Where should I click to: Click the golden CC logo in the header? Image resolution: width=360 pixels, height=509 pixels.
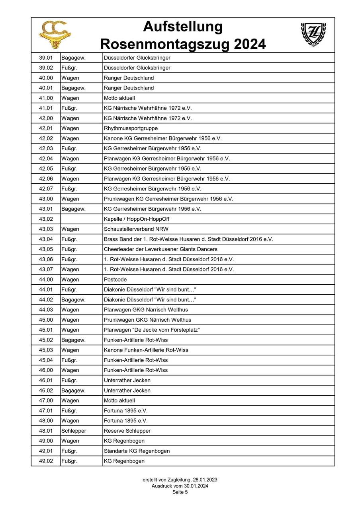pos(55,35)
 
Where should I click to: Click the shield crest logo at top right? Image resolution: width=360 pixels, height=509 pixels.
pos(313,34)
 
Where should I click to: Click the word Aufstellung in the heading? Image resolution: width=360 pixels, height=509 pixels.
pos(183,27)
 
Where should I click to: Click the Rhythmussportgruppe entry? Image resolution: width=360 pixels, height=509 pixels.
pos(131,128)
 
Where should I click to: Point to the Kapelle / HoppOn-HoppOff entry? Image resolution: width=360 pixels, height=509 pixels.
pos(137,219)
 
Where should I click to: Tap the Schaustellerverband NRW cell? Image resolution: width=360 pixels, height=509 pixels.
pos(134,229)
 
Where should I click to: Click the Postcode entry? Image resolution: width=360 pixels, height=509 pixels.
pos(115,280)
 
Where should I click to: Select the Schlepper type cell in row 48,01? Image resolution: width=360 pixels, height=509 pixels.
pos(74,431)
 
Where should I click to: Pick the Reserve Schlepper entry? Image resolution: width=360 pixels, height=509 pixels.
pos(127,431)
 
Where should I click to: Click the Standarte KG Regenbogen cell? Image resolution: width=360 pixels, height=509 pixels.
pos(137,451)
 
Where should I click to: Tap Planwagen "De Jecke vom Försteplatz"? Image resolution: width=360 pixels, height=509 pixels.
pos(152,330)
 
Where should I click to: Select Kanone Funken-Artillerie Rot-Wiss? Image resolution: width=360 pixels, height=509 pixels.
pos(146,350)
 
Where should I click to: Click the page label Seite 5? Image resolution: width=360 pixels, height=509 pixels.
pos(180,492)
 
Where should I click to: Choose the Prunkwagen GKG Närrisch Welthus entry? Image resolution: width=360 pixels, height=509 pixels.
pos(147,320)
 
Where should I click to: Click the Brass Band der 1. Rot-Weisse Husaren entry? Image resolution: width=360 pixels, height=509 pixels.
pos(188,239)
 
